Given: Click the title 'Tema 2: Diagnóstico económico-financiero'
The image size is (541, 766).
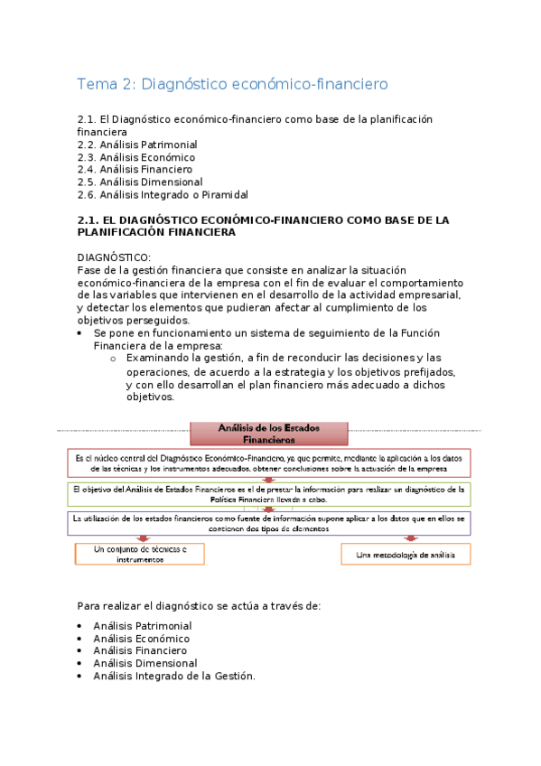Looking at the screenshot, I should [x=233, y=84].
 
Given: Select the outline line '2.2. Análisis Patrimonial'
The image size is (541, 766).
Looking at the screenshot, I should [x=137, y=145].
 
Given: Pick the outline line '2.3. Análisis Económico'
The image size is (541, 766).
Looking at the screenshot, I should [x=136, y=157].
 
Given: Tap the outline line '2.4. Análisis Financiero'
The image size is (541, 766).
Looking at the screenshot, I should [x=135, y=169].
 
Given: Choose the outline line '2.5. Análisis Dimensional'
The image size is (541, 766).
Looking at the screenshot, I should [x=140, y=182].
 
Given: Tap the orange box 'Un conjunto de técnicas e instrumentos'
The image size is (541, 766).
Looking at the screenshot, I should [x=140, y=554].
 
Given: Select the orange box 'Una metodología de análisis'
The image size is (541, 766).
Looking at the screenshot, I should [x=406, y=553].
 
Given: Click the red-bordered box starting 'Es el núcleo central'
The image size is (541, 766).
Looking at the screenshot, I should [x=268, y=462].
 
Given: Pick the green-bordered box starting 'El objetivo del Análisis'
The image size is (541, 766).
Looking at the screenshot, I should [x=268, y=494].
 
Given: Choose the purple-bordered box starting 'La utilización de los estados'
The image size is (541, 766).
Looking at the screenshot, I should [x=268, y=524].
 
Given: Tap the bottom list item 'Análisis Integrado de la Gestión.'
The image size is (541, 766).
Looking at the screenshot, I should [x=174, y=675].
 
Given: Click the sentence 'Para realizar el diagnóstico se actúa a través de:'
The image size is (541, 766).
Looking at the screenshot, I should [x=199, y=604].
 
